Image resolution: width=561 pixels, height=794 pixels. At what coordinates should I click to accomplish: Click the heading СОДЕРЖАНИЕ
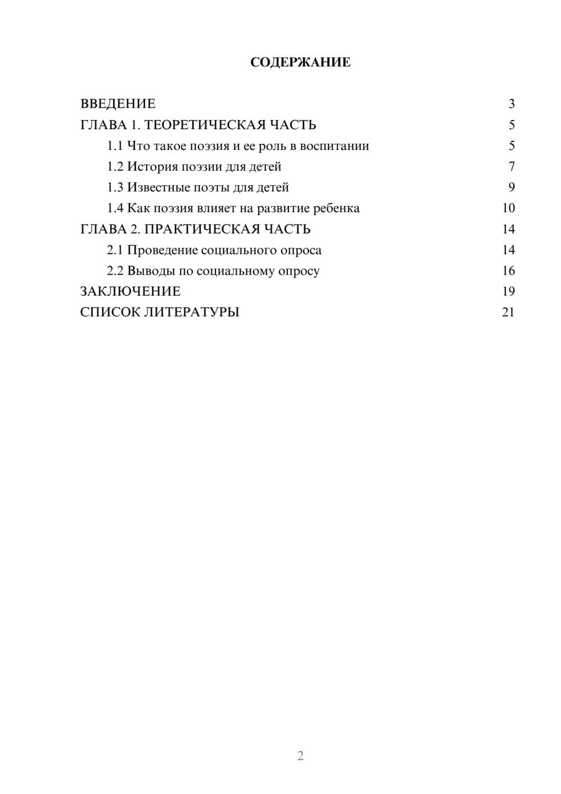[x=300, y=62]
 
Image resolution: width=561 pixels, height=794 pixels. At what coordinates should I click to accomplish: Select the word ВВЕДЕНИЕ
[x=118, y=104]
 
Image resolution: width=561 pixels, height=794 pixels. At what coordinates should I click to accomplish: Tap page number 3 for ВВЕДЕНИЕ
[x=511, y=104]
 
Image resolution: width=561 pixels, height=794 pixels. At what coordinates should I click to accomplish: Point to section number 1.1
[x=114, y=146]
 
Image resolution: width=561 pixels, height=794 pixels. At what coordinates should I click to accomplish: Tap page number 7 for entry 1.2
[x=511, y=167]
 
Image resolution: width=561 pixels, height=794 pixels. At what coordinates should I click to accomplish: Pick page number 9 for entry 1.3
[x=511, y=188]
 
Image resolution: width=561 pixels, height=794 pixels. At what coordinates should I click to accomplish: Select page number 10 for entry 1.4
[x=508, y=208]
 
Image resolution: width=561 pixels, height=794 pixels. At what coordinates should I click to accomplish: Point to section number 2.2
[x=114, y=271]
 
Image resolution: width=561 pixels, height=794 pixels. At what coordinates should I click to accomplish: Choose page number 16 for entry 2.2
[x=508, y=271]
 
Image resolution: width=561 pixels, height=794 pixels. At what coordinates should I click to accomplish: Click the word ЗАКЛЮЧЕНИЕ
[x=130, y=291]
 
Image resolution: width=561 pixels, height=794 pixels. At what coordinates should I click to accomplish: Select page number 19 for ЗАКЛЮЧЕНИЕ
[x=508, y=291]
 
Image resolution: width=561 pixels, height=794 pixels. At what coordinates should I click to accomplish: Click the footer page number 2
[x=300, y=756]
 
